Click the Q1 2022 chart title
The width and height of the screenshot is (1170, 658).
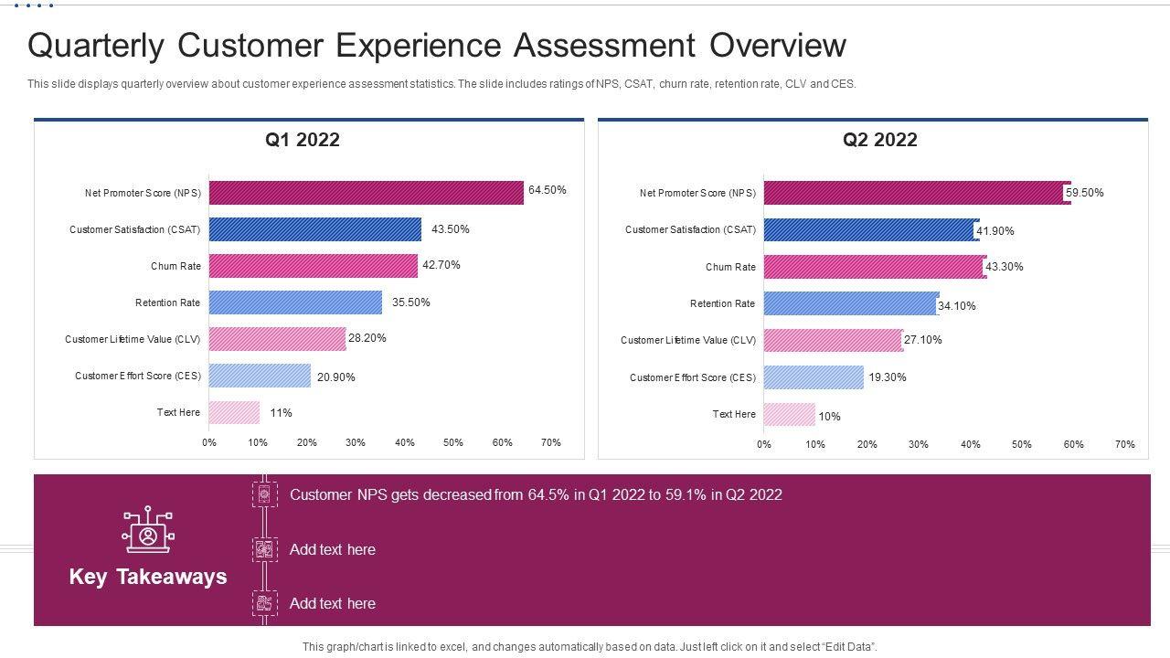(303, 140)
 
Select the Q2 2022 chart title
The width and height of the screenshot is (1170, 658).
(879, 140)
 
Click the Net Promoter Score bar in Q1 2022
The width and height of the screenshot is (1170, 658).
(366, 193)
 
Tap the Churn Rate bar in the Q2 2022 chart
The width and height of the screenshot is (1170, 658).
(874, 267)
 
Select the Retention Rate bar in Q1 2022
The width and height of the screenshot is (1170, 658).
(295, 302)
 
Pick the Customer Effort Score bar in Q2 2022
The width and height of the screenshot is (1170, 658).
(813, 377)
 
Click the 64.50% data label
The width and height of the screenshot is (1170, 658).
(548, 190)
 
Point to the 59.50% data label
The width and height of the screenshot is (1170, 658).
(1085, 193)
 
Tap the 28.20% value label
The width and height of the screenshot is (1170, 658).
(367, 338)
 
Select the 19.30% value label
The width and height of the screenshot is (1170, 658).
(888, 377)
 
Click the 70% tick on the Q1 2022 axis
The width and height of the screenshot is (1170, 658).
(550, 442)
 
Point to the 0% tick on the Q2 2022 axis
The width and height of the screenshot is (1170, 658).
(764, 444)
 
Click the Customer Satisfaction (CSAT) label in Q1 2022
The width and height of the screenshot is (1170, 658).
(134, 229)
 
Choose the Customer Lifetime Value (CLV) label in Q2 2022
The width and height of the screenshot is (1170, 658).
(688, 340)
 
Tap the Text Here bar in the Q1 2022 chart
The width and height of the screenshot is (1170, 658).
(234, 412)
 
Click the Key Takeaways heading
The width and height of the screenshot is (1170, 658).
(148, 577)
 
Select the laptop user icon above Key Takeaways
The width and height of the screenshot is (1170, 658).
(148, 530)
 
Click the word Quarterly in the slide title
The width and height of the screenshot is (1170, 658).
(95, 46)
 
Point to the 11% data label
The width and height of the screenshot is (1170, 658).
(281, 413)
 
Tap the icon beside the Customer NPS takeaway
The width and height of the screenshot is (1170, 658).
(264, 494)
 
